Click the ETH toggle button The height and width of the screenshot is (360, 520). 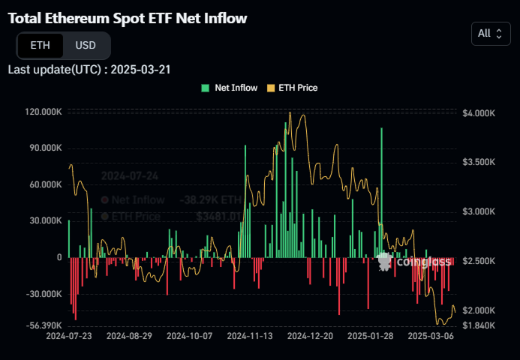pyautogui.click(x=41, y=45)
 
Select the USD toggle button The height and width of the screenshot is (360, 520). pyautogui.click(x=86, y=45)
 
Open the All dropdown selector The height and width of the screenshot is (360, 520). pyautogui.click(x=491, y=33)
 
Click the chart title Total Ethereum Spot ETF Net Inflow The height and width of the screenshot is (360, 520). pyautogui.click(x=127, y=17)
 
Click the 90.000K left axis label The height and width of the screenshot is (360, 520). pyautogui.click(x=44, y=148)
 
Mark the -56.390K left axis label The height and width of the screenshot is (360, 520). pyautogui.click(x=43, y=325)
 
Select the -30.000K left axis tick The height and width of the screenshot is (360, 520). pyautogui.click(x=43, y=294)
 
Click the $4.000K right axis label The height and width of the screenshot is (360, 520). pyautogui.click(x=479, y=112)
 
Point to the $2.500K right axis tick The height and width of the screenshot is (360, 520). pyautogui.click(x=479, y=261)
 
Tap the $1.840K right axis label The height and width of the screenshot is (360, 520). pyautogui.click(x=479, y=325)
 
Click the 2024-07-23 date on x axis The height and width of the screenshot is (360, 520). pyautogui.click(x=68, y=337)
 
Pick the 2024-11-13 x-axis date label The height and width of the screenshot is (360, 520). pyautogui.click(x=249, y=337)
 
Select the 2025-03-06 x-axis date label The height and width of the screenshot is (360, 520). pyautogui.click(x=431, y=337)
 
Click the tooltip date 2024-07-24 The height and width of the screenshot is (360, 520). pyautogui.click(x=130, y=175)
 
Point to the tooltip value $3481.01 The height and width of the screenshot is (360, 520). pyautogui.click(x=219, y=216)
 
